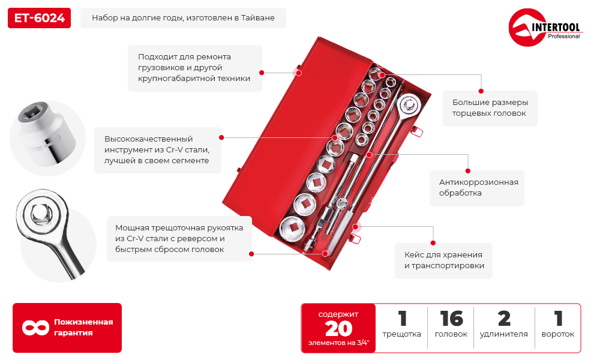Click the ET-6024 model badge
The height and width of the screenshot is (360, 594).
point(40,18)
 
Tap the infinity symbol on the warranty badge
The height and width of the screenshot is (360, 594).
point(35,328)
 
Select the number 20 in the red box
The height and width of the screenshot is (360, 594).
point(338,328)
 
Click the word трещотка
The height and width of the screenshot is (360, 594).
point(402,334)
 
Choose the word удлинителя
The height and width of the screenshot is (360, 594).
point(504,334)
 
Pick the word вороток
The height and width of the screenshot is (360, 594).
point(558,334)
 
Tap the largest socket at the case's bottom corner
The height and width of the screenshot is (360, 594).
point(293,227)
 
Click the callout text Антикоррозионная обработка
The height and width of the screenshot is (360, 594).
point(478,187)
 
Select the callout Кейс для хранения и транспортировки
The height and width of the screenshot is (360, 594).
point(443,260)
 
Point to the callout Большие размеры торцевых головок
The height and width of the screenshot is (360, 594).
point(490,107)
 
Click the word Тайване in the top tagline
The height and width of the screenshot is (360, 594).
point(258,18)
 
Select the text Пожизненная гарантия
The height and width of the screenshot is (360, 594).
point(83,328)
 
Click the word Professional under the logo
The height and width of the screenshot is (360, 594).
point(563,37)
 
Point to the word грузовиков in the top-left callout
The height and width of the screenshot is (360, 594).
point(158,67)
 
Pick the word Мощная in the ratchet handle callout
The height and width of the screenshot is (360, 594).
point(131,228)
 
